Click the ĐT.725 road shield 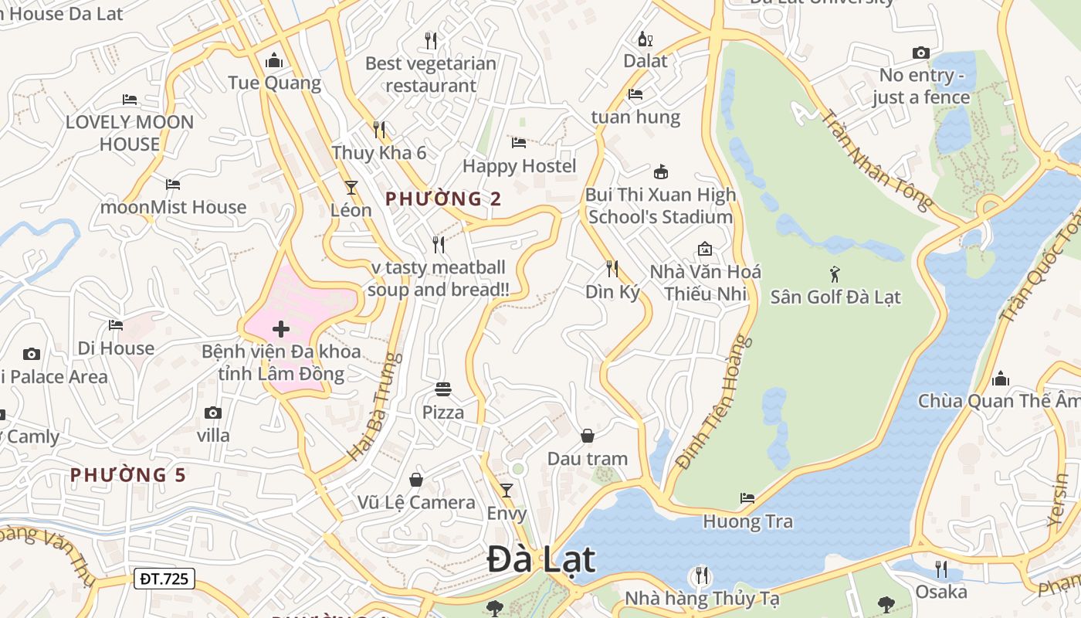coord(164,579)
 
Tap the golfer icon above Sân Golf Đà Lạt coord(834,274)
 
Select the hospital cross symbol coord(281,330)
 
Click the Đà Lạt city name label coord(541,560)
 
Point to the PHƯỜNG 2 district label coord(443,199)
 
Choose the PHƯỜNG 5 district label coord(128,474)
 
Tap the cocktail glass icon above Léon coord(351,188)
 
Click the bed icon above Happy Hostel coord(519,143)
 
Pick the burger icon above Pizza coord(443,389)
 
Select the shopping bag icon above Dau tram coord(588,436)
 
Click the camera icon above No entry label coord(920,53)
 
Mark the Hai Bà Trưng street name coord(376,407)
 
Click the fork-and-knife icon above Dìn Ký coord(612,269)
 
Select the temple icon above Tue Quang coord(274,60)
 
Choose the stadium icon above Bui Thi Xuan coord(660,171)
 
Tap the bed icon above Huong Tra coord(747,498)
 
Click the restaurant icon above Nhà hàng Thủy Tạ coord(701,576)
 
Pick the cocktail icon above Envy coord(507,491)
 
